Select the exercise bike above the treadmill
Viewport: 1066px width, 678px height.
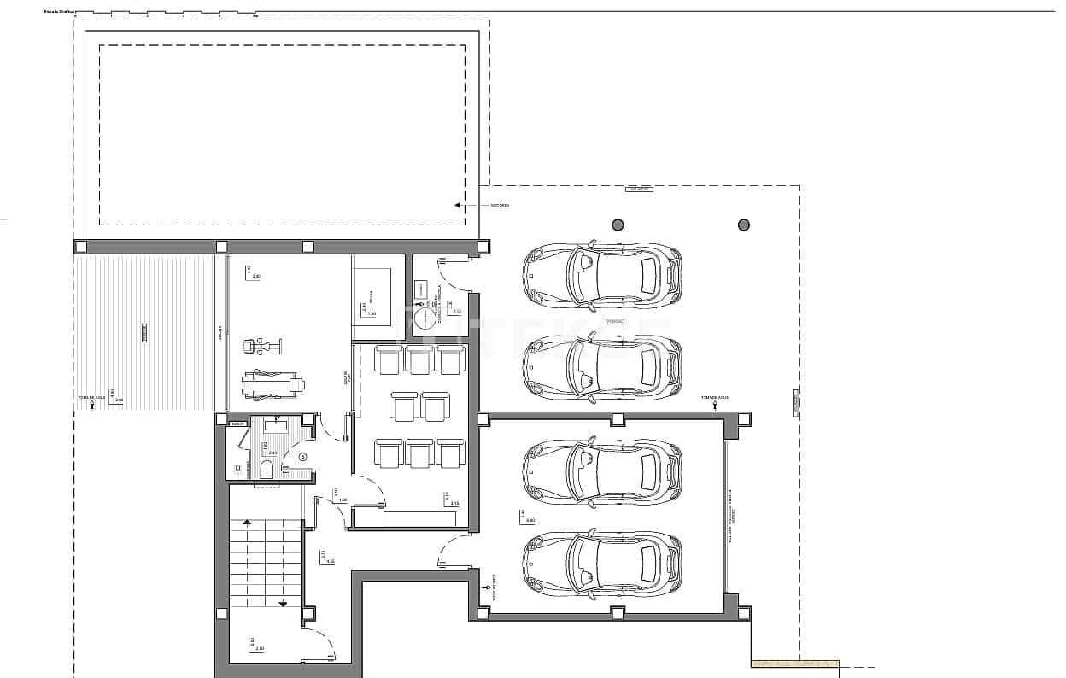coord(261,346)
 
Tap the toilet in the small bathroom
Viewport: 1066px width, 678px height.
coord(266,469)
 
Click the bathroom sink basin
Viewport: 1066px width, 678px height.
coord(277,424)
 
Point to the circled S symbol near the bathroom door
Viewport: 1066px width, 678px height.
coord(302,457)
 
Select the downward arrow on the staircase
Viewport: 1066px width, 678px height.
coord(283,603)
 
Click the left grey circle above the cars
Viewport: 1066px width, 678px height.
coord(618,225)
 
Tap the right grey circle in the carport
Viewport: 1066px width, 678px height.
coord(743,225)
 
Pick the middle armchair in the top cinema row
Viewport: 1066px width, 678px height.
coord(419,359)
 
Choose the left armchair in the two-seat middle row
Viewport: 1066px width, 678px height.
coord(404,406)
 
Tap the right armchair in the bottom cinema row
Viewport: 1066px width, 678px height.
coord(449,453)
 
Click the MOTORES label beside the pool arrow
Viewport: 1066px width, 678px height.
coord(500,206)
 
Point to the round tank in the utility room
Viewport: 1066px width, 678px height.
coord(425,319)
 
